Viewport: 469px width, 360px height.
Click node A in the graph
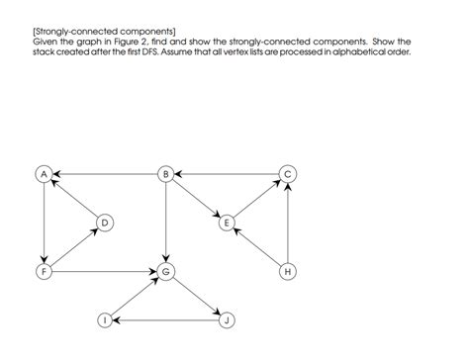point(45,174)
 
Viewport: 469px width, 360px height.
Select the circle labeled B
point(166,174)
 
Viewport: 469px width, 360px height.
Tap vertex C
point(288,174)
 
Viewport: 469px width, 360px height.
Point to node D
point(105,223)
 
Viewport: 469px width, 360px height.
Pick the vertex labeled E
point(227,223)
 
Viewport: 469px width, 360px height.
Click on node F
point(45,270)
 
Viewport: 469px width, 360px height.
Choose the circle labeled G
point(166,270)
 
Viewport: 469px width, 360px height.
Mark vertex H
point(288,270)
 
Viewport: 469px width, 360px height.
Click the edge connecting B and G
point(166,222)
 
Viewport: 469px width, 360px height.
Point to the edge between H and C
point(288,222)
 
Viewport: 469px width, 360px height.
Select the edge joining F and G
point(105,270)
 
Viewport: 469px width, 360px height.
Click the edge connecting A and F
point(45,222)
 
